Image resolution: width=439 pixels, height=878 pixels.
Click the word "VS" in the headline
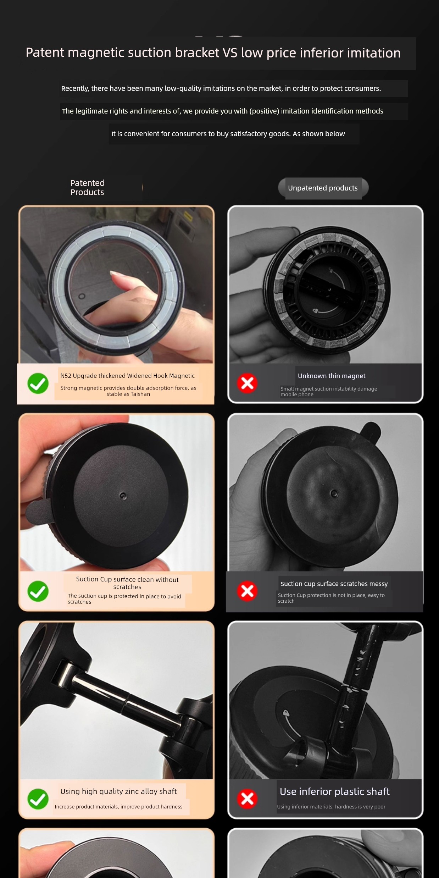(x=230, y=53)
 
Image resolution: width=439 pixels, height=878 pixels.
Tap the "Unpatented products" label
(x=323, y=188)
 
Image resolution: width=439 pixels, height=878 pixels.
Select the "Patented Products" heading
(x=87, y=188)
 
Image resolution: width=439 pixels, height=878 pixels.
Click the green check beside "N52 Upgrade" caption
(x=38, y=383)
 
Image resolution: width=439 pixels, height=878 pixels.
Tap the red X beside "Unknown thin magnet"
(x=247, y=383)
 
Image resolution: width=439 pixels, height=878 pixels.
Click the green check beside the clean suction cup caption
(x=38, y=591)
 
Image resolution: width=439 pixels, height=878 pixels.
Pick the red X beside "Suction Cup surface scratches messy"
(x=247, y=591)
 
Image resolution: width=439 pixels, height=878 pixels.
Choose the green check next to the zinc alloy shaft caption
(x=38, y=799)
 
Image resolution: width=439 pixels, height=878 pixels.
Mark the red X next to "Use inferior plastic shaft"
(x=247, y=799)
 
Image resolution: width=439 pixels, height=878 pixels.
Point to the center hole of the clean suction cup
(x=123, y=496)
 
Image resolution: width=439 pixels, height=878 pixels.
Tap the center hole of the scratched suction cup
(x=334, y=493)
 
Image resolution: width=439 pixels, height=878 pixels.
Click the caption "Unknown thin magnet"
(x=332, y=376)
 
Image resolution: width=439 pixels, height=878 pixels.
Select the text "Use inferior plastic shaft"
(x=334, y=791)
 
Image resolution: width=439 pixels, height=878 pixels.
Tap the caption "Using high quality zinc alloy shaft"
(x=118, y=791)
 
